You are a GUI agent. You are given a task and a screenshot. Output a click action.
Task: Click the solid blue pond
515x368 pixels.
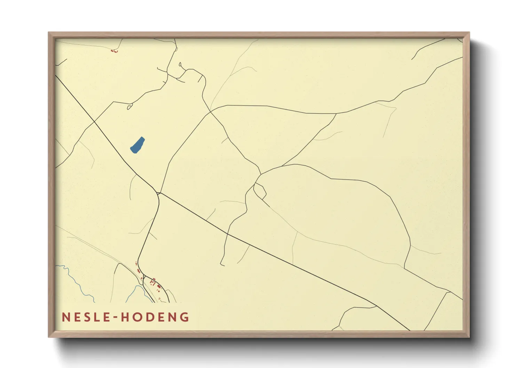pos(137,145)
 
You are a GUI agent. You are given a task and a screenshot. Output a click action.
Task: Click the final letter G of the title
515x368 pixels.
pos(184,317)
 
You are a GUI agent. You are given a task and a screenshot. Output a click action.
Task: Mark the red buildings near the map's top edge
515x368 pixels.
pos(114,51)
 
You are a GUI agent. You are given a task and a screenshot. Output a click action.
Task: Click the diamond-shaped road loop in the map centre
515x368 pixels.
pos(260,191)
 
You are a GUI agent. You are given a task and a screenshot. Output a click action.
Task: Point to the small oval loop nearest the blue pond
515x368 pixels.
pos(130,107)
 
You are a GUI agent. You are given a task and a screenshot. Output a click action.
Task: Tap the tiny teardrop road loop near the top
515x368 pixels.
pos(180,64)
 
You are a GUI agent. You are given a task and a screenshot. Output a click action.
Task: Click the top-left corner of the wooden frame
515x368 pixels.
pos(49,33)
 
